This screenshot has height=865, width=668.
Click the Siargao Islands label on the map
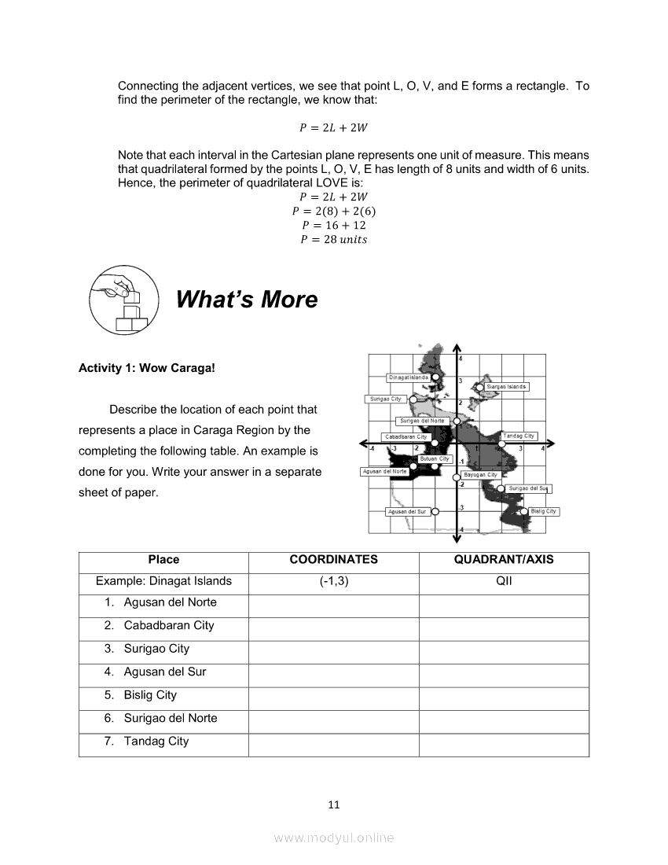click(506, 387)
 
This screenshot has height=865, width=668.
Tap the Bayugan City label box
click(480, 475)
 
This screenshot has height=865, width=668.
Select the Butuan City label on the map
click(434, 458)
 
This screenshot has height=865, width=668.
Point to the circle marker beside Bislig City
click(524, 512)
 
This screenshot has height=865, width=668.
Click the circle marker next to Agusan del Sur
click(435, 512)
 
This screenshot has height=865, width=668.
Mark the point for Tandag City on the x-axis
click(501, 444)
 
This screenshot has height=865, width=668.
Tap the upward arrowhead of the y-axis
click(457, 348)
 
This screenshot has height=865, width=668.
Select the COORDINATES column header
click(333, 560)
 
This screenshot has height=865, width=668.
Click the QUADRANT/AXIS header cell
click(504, 560)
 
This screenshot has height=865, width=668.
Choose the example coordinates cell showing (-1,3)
click(333, 581)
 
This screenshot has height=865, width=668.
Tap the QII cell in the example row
click(504, 581)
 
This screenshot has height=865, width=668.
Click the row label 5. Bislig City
click(150, 695)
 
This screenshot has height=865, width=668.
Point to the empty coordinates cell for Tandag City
click(333, 742)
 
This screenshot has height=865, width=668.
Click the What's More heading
click(247, 300)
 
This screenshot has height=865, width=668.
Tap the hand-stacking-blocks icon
click(125, 300)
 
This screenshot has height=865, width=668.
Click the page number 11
click(334, 804)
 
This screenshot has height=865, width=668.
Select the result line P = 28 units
click(333, 240)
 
